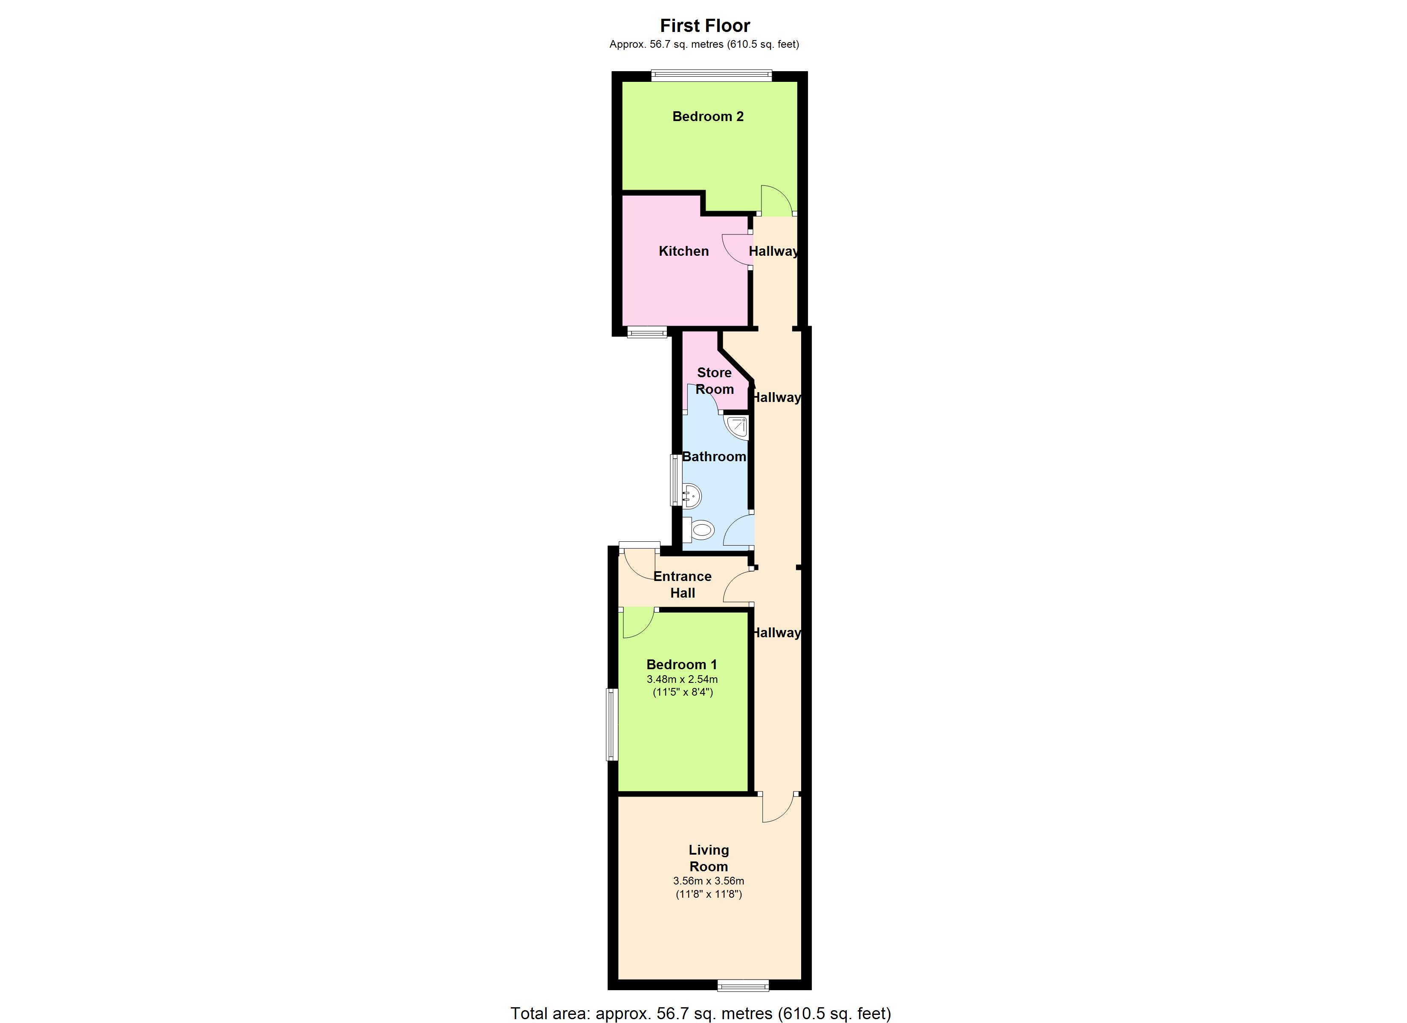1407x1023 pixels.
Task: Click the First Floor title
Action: [x=705, y=26]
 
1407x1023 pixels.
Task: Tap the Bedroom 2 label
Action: [x=708, y=116]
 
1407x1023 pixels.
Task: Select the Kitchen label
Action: [x=683, y=251]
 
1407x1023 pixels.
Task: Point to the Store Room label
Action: [x=714, y=381]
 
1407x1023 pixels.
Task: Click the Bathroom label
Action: [x=714, y=457]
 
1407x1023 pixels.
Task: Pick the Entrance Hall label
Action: [x=683, y=584]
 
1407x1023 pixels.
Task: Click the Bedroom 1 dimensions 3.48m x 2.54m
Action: [x=683, y=679]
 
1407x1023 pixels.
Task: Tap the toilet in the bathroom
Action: [x=699, y=530]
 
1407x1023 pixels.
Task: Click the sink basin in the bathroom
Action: [x=691, y=496]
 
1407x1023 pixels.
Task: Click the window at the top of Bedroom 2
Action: [x=712, y=76]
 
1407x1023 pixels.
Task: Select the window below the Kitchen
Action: [x=647, y=332]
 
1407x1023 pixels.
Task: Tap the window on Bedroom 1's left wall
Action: [x=612, y=725]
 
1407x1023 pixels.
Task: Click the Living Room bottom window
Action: [x=743, y=985]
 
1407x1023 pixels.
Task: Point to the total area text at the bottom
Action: [x=701, y=1013]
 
